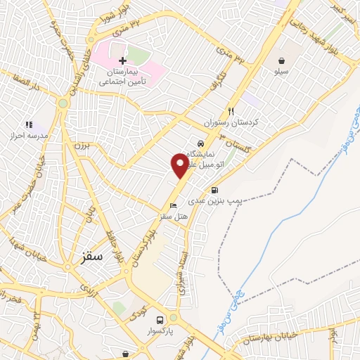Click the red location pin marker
(180, 166)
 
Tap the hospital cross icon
(123, 61)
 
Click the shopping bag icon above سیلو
(282, 60)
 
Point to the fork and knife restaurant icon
(230, 111)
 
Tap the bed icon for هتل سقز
(173, 206)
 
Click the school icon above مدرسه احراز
(29, 124)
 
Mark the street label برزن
(84, 146)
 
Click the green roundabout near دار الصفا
(63, 103)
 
